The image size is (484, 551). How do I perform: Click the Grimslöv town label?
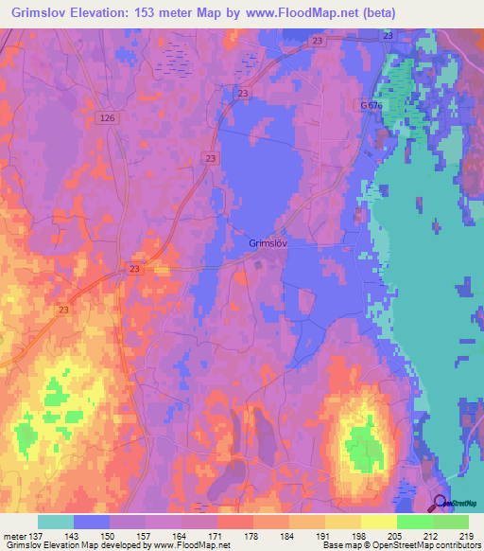tap(268, 243)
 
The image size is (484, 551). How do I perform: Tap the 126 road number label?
tap(107, 117)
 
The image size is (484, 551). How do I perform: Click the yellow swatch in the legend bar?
tap(377, 522)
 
